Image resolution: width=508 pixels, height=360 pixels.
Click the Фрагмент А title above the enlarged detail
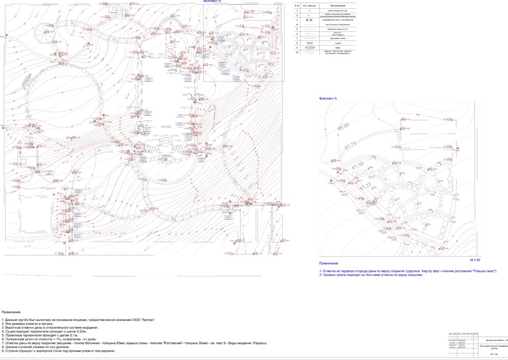(x=328, y=98)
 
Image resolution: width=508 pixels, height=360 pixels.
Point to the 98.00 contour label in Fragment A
(x=343, y=126)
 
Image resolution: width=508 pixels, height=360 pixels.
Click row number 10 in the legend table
(x=297, y=52)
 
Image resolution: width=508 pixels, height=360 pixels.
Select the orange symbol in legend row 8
(x=309, y=43)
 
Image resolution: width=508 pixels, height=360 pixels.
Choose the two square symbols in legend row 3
(x=309, y=19)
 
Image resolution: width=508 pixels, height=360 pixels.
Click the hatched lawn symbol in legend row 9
(x=309, y=47)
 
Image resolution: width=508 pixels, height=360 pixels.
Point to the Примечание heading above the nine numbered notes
(x=11, y=312)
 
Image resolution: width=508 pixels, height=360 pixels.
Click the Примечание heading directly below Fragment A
(x=328, y=264)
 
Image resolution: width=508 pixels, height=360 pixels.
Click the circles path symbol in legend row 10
(x=309, y=52)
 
